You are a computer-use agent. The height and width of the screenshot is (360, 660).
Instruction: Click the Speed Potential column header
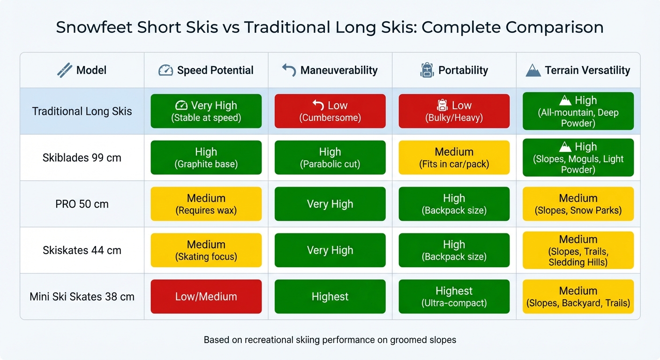coord(215,70)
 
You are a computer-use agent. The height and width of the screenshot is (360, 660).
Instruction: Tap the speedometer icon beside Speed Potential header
coord(166,70)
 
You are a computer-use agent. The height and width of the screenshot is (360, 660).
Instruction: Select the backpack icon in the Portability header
coord(427,70)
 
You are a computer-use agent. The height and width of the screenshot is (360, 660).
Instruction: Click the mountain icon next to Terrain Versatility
coord(533,70)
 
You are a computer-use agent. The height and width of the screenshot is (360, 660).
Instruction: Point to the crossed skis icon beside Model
coord(64,70)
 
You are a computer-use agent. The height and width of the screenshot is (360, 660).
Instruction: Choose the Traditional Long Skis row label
coord(82,112)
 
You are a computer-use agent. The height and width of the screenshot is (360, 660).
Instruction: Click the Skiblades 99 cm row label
coord(82,157)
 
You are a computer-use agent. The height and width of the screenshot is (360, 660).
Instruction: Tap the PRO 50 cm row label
coord(82,204)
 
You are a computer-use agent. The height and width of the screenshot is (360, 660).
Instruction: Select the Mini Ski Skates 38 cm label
coord(82,297)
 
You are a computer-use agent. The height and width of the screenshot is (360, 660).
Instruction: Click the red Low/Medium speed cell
coord(206,297)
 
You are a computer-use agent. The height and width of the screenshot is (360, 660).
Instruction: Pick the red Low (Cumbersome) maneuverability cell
coord(330,111)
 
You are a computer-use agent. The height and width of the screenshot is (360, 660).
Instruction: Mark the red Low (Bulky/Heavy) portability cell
coord(454,111)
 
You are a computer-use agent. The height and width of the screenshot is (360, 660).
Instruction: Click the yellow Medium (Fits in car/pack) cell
coord(454,157)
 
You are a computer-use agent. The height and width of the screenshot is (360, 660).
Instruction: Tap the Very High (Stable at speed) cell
coord(206,111)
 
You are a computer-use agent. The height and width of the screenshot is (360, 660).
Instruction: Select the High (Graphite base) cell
coord(206,157)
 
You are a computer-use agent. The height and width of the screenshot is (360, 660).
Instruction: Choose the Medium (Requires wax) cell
coord(206,204)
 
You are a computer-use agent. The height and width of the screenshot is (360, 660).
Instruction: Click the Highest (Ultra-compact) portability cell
coord(454,297)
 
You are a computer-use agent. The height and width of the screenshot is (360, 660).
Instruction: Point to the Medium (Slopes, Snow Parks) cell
coord(578,204)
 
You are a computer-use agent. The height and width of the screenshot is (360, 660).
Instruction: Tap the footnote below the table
coord(330,340)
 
